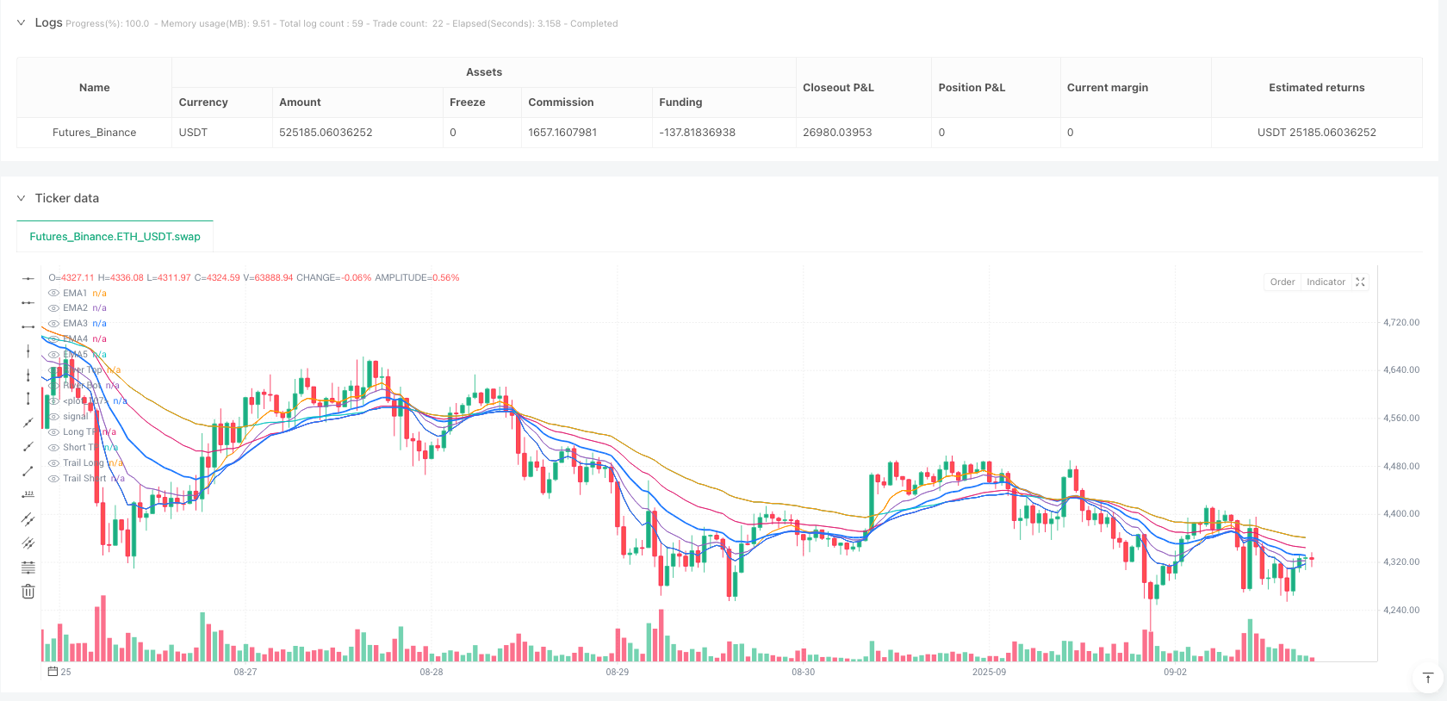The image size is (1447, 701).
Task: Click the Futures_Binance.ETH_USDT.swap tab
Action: coord(115,237)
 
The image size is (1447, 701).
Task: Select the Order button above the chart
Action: coord(1282,282)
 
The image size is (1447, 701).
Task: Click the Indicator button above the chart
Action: coord(1326,282)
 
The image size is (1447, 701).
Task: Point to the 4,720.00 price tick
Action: coord(1401,322)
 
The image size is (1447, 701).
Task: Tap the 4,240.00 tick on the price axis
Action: coord(1401,610)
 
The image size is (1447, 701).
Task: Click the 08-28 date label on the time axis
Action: coord(432,672)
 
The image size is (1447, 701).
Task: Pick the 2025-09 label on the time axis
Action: coord(989,672)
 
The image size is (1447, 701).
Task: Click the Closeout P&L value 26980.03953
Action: coord(837,133)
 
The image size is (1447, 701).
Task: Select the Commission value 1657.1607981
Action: coord(562,133)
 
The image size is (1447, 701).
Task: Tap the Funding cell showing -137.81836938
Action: coord(697,133)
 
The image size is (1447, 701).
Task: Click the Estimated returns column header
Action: coord(1316,88)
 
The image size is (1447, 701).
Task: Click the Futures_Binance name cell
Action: coord(94,133)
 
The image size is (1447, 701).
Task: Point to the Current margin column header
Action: coord(1107,88)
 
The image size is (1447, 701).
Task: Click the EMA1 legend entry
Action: coord(75,293)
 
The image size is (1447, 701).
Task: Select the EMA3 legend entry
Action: coord(75,324)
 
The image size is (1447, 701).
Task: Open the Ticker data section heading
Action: coord(66,198)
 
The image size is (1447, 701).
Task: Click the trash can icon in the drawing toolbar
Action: coord(28,592)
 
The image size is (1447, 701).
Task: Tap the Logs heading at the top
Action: coord(48,22)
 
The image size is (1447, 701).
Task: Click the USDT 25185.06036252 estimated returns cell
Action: coord(1316,133)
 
